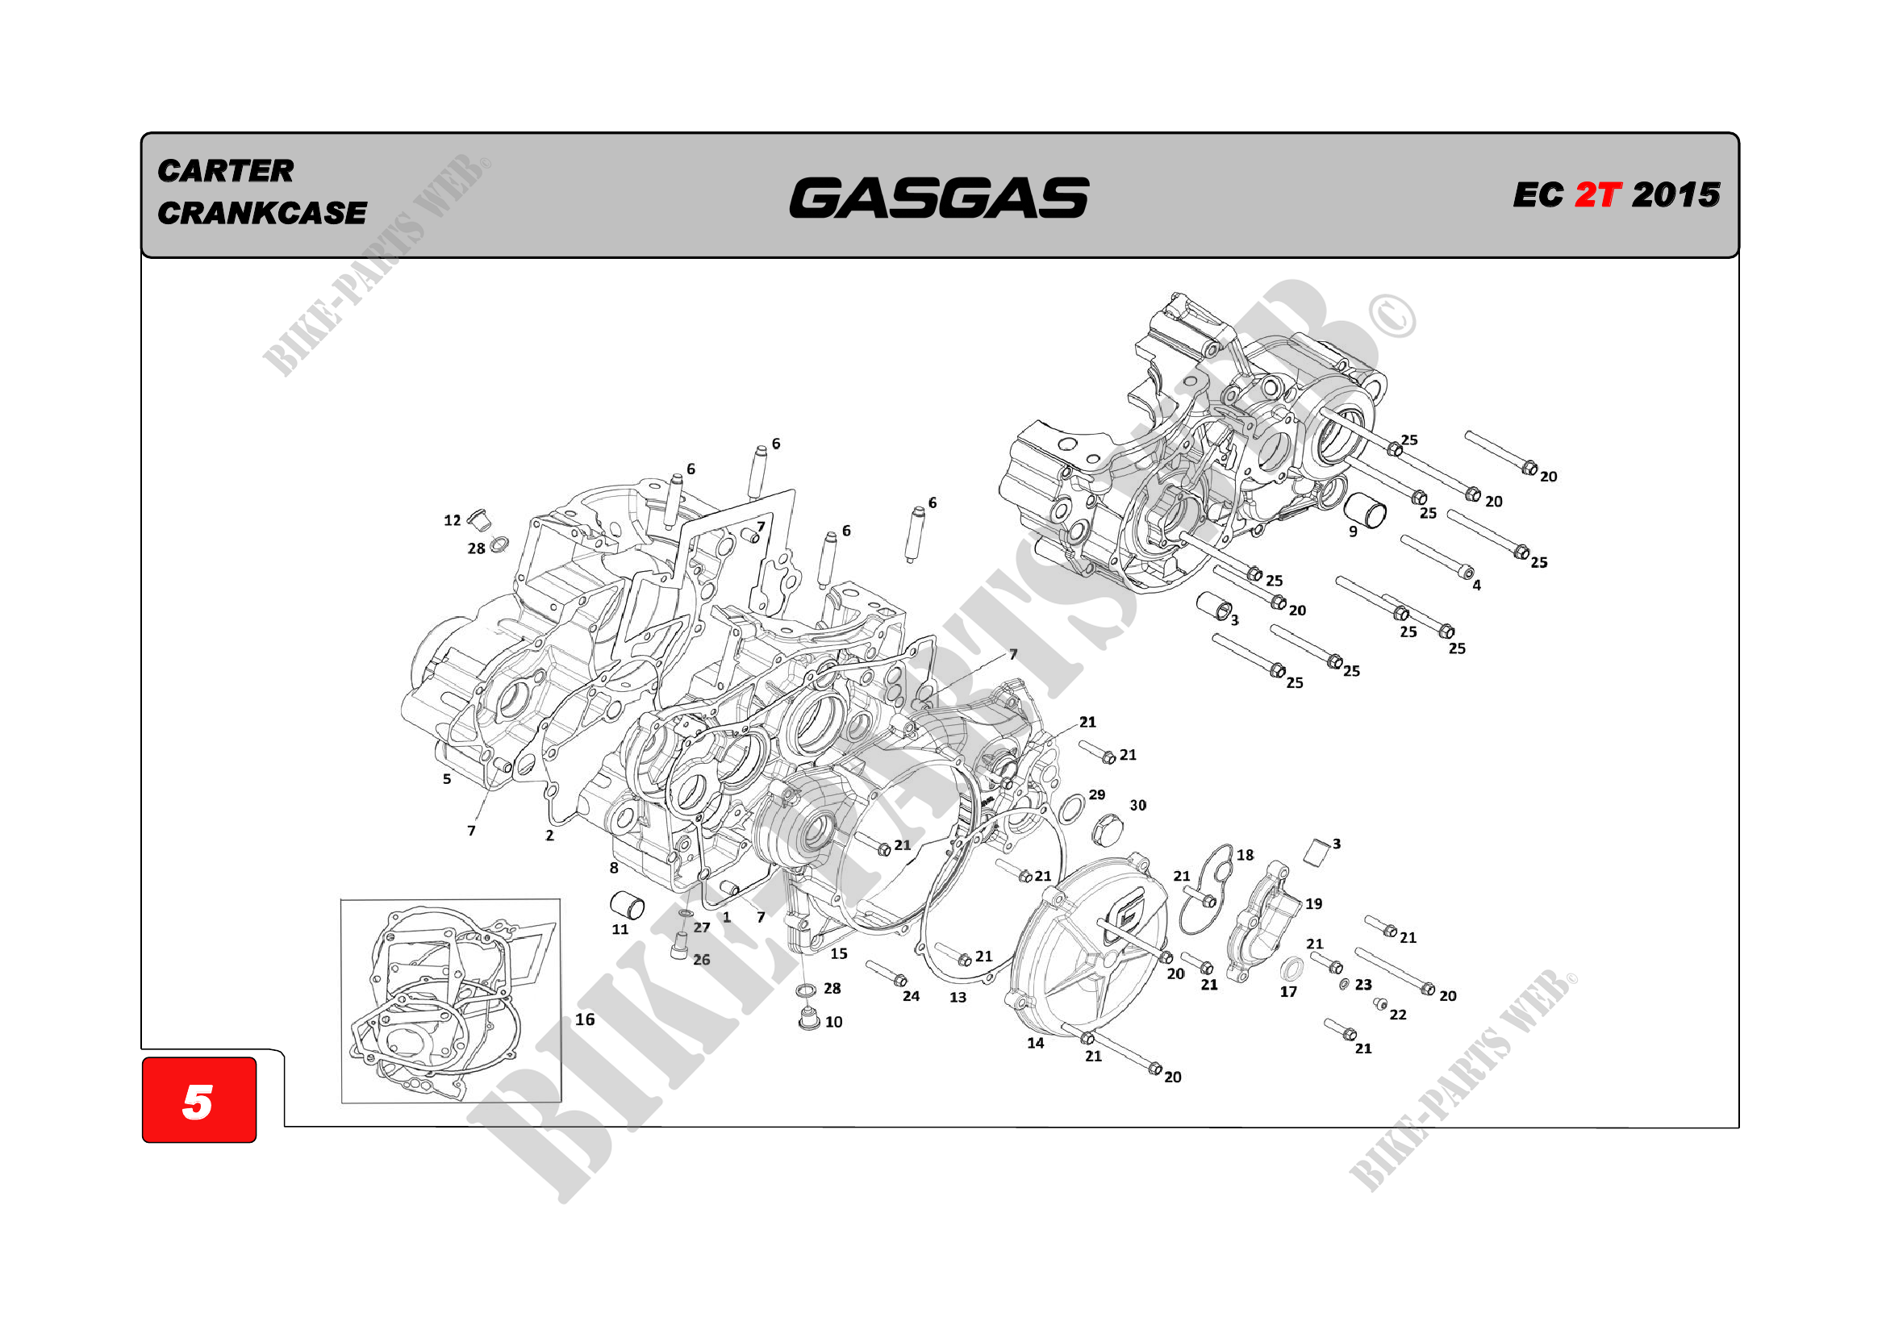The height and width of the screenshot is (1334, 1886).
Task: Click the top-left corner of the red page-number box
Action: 143,1058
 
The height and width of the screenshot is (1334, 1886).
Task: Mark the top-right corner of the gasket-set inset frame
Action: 560,899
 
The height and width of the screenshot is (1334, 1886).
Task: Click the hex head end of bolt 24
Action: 900,981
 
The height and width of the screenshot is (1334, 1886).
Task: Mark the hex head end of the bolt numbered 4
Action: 1467,573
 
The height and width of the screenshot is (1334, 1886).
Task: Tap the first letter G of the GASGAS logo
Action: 826,198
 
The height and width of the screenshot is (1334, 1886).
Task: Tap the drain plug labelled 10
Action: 809,1019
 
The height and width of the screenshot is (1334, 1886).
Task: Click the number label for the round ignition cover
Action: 1036,1043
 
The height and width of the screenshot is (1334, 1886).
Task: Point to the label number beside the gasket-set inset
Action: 585,1019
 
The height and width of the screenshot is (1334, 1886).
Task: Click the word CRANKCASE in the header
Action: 262,214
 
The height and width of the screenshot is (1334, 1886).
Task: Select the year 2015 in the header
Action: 1675,195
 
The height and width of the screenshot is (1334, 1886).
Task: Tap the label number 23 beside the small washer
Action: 1363,984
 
